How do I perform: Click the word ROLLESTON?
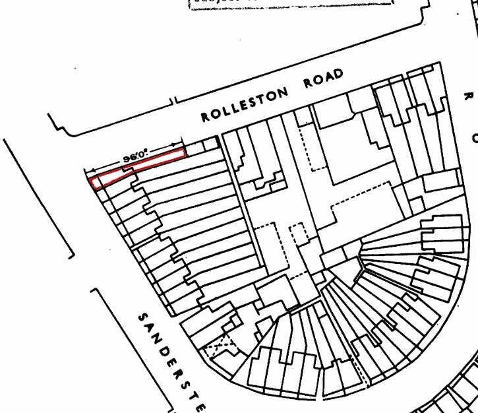coord(245,104)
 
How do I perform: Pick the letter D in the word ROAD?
coord(339,73)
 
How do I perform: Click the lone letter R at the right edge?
coord(467,96)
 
